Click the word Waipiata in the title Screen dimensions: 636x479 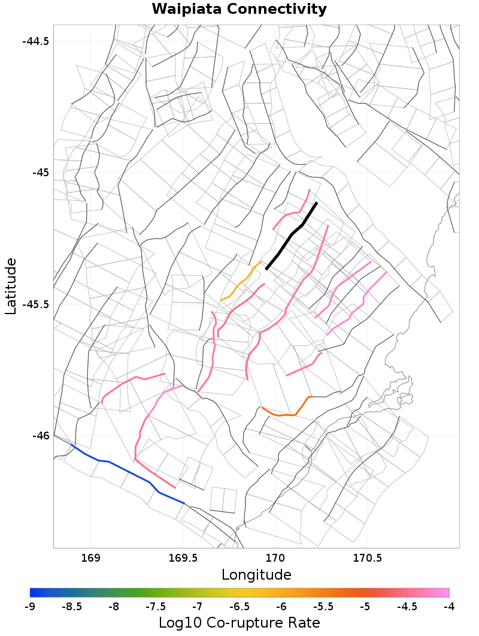coord(186,10)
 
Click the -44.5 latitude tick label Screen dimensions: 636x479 coord(35,41)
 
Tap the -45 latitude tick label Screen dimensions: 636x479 coord(40,173)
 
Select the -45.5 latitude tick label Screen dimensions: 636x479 coord(35,304)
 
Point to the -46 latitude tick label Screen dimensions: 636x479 coord(40,435)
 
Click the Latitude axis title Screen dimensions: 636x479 coord(11,286)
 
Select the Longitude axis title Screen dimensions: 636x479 coord(256,575)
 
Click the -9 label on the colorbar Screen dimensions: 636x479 coord(30,607)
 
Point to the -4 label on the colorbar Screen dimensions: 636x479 coord(448,607)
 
